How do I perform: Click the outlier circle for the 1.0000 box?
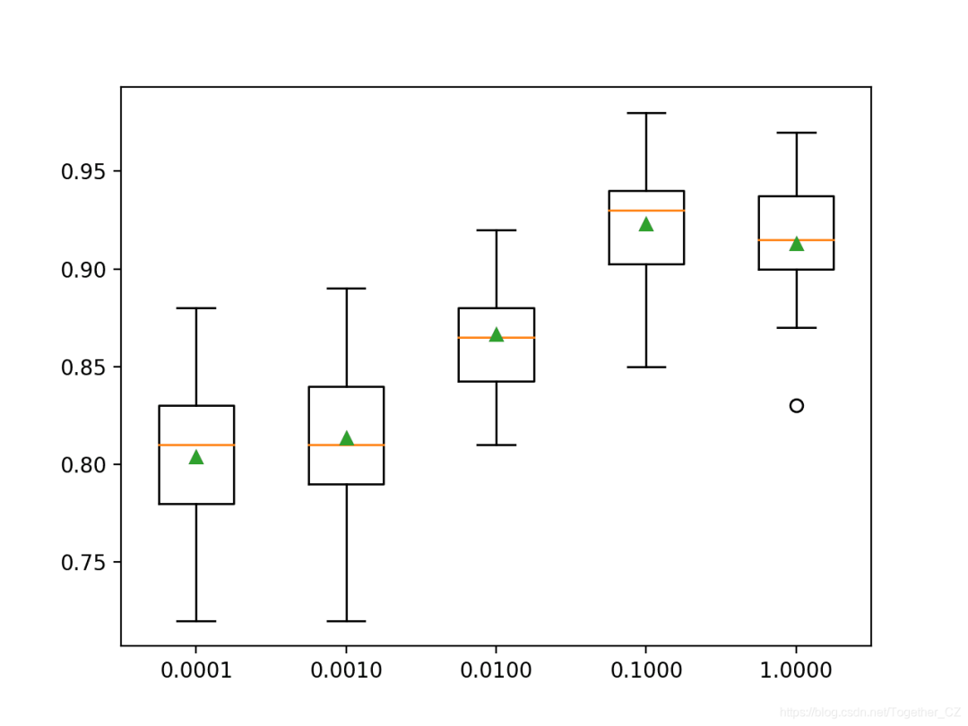(x=796, y=405)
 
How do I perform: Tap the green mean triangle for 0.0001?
(x=196, y=457)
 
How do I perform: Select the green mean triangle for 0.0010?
(x=346, y=438)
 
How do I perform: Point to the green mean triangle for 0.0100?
(x=497, y=334)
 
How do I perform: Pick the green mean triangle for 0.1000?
(x=646, y=224)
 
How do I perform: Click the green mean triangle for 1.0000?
(x=796, y=244)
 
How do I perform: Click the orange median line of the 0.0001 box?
(x=196, y=445)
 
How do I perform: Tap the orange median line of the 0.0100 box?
(x=497, y=338)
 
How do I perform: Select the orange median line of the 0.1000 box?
(x=646, y=211)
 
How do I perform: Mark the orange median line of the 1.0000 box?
(x=796, y=240)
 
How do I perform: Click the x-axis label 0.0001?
(x=196, y=670)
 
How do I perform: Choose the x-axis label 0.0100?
(x=497, y=670)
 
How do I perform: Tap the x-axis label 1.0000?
(x=796, y=670)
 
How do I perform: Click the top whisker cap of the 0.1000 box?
(x=646, y=113)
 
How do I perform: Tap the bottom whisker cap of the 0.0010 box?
(x=346, y=620)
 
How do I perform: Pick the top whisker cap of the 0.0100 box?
(x=497, y=230)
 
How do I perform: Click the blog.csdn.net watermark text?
(x=869, y=712)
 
